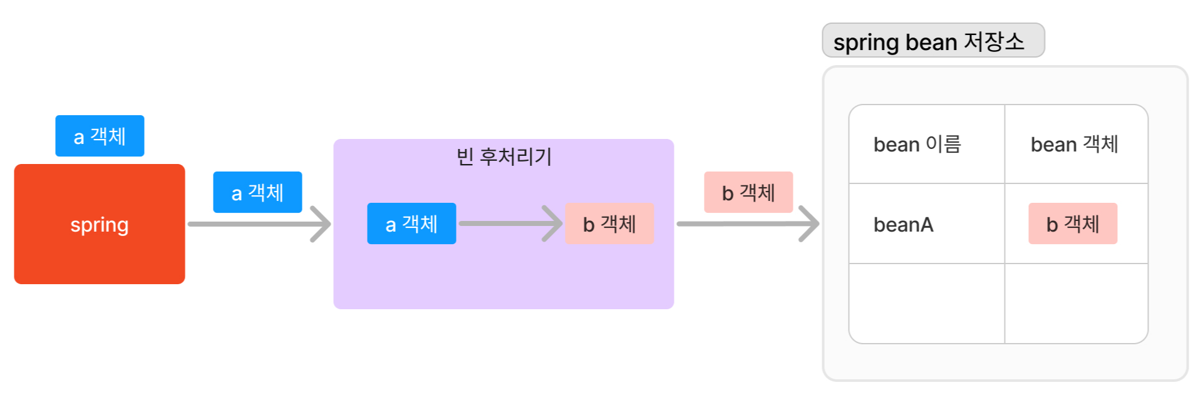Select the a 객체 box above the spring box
coord(100,136)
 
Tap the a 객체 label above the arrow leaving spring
coord(257,192)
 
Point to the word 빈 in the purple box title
coord(465,156)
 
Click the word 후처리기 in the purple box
coord(515,156)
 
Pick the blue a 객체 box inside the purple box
coord(411,223)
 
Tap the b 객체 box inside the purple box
coord(609,223)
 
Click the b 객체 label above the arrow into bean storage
coord(748,192)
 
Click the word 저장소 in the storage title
coord(994,41)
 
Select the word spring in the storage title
coord(866,43)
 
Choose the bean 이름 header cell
coord(926,145)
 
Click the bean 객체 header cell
coord(1076,145)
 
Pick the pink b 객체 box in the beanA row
coord(1073,223)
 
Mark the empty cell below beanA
coord(927,304)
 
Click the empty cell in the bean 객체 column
coord(1076,304)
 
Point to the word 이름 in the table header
coord(943,145)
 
